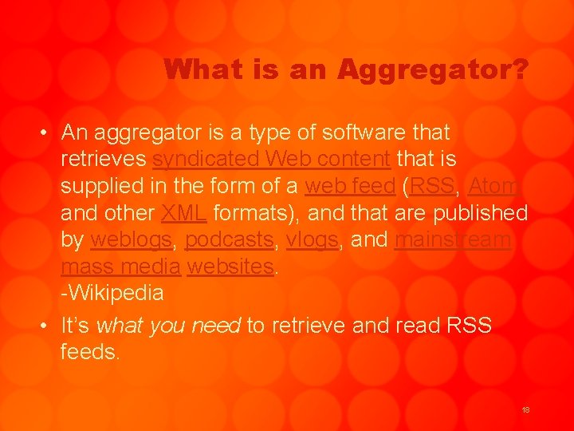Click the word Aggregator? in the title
coord(432,70)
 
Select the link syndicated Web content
coord(271,159)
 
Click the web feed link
coord(351,186)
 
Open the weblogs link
coord(130,239)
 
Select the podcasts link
coord(229,240)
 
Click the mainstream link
coord(454,239)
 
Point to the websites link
coord(230,267)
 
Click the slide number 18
coord(525,409)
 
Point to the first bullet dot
coord(48,133)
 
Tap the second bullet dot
coord(48,326)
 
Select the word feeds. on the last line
coord(90,352)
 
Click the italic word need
coord(217,326)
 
